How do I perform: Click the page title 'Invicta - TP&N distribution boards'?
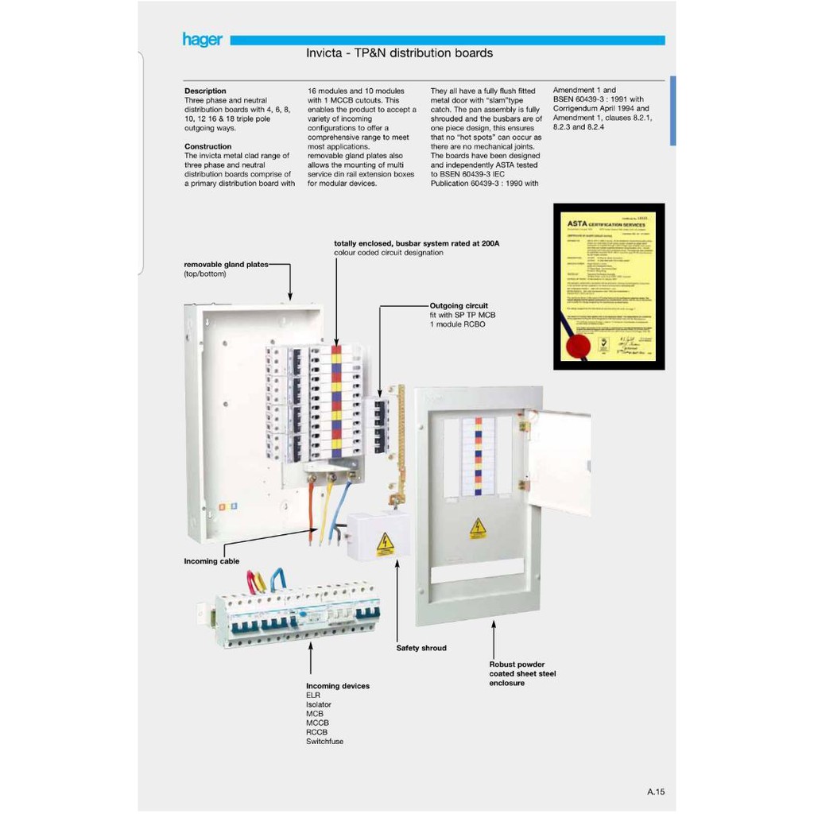(x=399, y=53)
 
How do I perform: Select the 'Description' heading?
(x=205, y=91)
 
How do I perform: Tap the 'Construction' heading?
(x=207, y=146)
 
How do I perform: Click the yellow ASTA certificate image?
(x=609, y=287)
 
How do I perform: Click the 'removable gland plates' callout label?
(x=226, y=264)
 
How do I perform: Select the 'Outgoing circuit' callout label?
(x=459, y=305)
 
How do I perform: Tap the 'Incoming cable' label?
(x=212, y=561)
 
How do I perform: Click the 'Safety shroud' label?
(x=421, y=649)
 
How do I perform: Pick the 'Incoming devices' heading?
(x=338, y=686)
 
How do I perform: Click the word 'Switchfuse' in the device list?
(x=325, y=742)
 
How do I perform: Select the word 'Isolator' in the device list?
(x=319, y=704)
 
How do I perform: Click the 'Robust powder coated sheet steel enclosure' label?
(x=522, y=673)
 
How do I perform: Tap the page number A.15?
(x=656, y=792)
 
